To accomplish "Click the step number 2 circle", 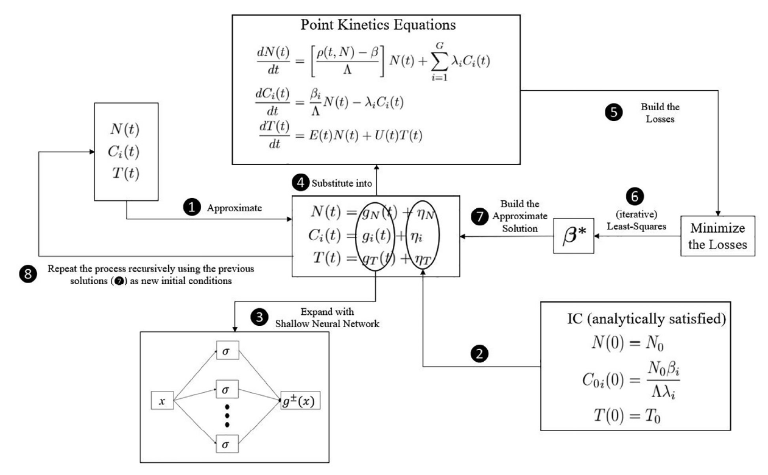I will [x=480, y=354].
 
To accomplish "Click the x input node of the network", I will [x=163, y=401].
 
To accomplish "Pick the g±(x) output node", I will [x=300, y=401].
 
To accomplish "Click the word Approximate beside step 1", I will [x=234, y=207].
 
